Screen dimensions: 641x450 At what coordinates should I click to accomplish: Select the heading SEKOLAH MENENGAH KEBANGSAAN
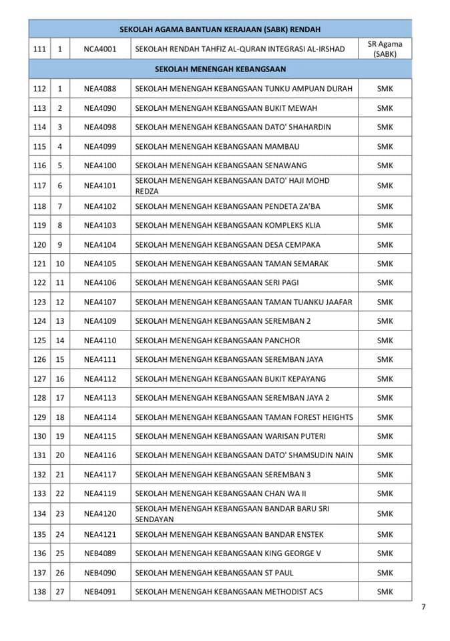pos(220,69)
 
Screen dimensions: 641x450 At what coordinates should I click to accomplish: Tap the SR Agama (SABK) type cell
pos(385,49)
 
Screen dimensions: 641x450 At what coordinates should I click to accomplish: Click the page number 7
pos(423,607)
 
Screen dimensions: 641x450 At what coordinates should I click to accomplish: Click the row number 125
pos(39,341)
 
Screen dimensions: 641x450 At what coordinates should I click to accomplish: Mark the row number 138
pos(39,592)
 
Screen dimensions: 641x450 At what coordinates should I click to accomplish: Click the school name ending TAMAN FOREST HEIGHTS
pos(244,417)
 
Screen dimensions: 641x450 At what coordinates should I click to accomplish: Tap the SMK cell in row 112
pos(385,89)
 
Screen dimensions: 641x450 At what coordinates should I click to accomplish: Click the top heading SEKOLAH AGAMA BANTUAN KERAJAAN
pos(220,29)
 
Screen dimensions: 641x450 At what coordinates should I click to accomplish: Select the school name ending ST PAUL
pos(214,573)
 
